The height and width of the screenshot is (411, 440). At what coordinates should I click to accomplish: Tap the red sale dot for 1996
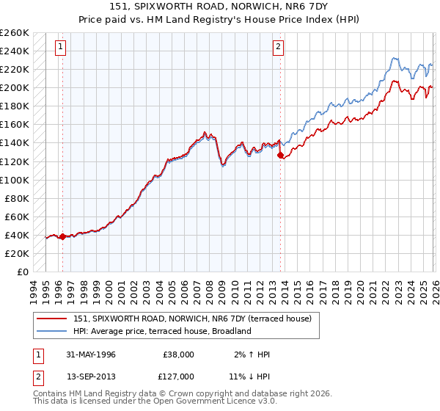pos(62,236)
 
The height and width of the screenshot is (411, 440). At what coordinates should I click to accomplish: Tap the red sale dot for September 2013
pos(279,155)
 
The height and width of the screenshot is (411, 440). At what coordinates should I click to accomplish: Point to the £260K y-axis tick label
pos(14,33)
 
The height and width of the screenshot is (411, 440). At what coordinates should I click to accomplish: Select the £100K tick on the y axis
pos(14,180)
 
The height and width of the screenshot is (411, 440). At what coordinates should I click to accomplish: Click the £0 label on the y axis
pos(21,272)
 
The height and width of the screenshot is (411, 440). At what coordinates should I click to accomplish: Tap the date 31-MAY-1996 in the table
pos(89,354)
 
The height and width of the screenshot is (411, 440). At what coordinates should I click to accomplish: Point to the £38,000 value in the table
pos(178,354)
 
